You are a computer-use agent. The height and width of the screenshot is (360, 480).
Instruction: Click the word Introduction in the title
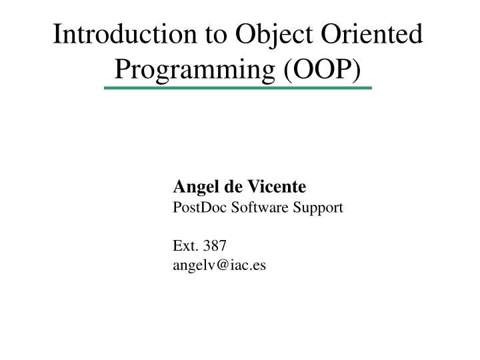[117, 34]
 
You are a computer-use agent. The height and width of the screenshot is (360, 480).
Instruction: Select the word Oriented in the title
[371, 34]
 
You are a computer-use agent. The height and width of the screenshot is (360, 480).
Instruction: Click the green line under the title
[238, 88]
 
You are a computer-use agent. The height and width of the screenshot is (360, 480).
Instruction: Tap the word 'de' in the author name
[230, 188]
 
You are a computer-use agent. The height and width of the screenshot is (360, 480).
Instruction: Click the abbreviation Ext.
[184, 246]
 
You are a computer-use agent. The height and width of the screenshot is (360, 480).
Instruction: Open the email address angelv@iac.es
[219, 265]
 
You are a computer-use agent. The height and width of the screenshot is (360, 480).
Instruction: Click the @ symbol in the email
[220, 265]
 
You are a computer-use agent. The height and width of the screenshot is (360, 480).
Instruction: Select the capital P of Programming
[123, 67]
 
